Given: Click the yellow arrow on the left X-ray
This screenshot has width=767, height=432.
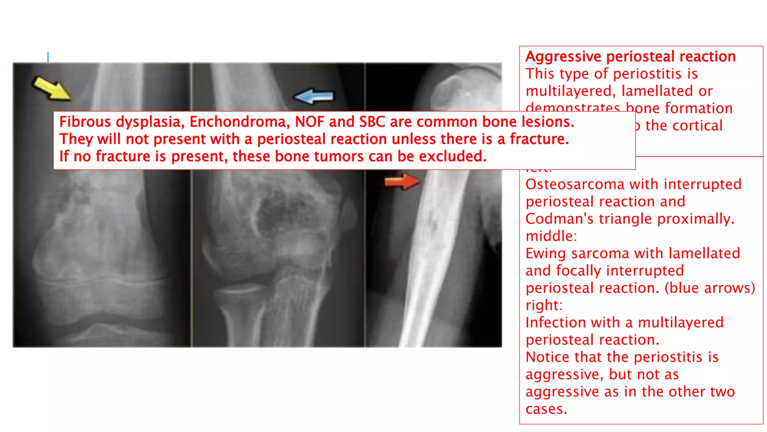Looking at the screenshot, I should [52, 88].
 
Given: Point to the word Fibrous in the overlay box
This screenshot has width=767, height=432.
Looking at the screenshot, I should [85, 122].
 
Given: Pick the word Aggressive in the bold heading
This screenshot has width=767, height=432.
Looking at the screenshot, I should [563, 57].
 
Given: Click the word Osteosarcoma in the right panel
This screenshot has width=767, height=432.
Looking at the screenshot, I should [575, 184].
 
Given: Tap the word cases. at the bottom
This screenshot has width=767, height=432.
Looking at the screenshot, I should [546, 409].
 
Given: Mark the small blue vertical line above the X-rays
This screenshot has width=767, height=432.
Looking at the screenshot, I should [48, 57].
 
